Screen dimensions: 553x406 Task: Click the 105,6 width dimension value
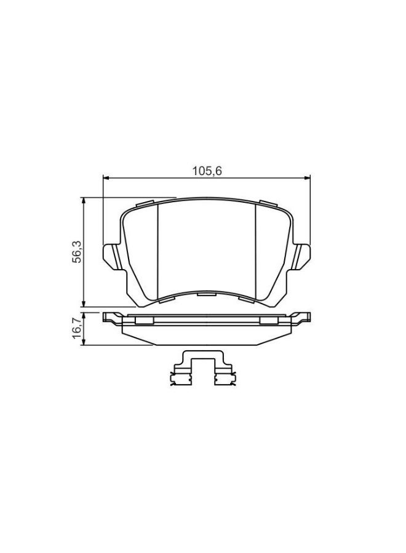click(207, 171)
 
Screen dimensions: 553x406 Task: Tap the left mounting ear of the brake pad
click(110, 254)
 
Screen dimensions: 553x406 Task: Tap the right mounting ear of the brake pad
click(303, 254)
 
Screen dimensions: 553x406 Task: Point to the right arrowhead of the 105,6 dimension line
click(307, 178)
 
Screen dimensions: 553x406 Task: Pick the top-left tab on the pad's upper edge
click(146, 204)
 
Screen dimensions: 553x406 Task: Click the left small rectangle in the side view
click(145, 320)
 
